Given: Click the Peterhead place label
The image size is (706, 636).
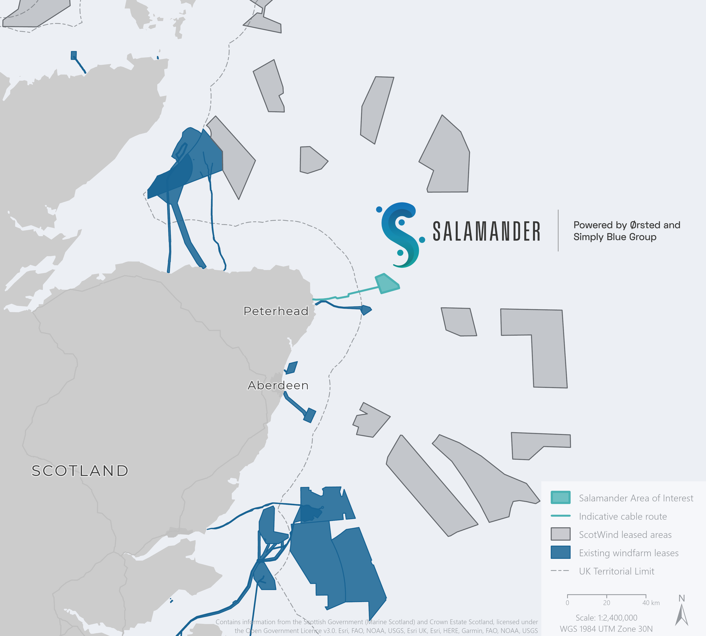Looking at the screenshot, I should coord(276,311).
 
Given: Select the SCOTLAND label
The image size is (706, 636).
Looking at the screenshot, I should coord(80,471).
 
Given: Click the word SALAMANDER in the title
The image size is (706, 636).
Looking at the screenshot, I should coord(486,231).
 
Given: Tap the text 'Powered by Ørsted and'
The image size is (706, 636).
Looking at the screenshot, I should coord(627,225).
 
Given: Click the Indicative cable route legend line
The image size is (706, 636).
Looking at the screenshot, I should coord(560,516).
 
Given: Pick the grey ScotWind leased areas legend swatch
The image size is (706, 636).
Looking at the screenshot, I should coord(560,534).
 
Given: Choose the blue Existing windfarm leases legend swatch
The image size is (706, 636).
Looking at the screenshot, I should coord(560,552).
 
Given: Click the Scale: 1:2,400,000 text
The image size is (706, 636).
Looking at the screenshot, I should coord(607,618).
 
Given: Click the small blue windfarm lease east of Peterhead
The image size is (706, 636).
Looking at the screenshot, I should coord(366,310).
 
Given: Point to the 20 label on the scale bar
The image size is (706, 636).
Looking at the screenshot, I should coord(607,603).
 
